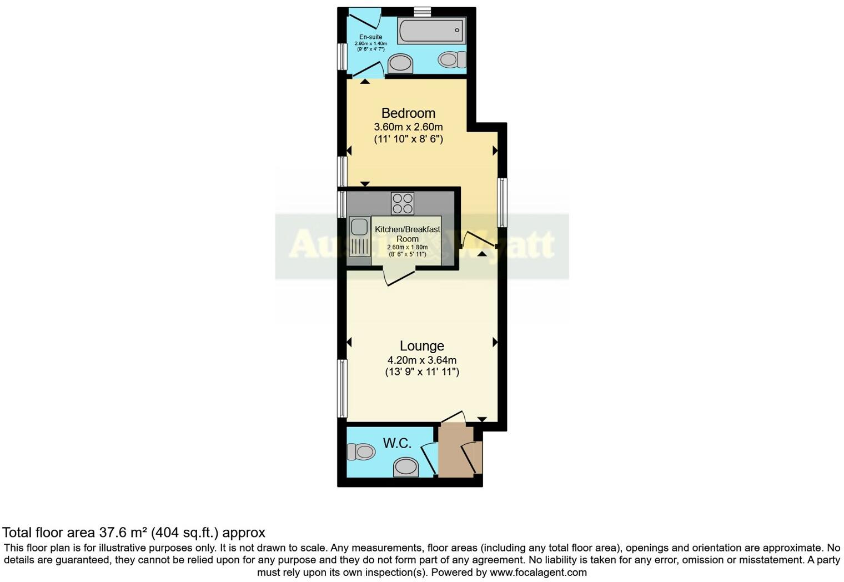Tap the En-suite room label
370,37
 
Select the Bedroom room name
408,113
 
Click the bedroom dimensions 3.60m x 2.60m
408,127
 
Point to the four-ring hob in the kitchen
402,203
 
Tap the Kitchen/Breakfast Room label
408,234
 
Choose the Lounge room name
422,346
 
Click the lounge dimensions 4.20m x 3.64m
422,360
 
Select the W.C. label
397,443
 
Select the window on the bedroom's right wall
501,202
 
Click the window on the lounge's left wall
343,388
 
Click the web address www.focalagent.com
538,572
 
